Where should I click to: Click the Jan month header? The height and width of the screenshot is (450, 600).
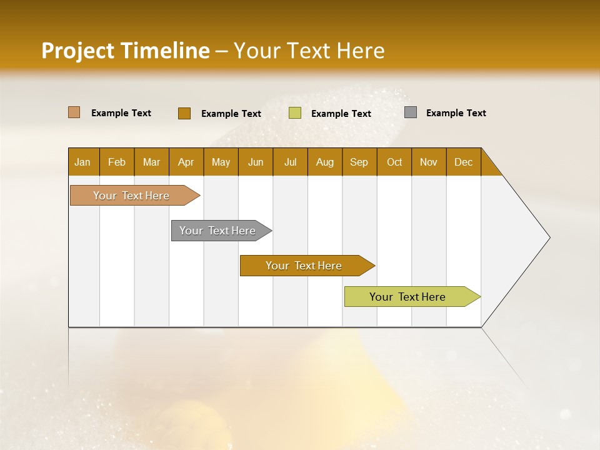83,162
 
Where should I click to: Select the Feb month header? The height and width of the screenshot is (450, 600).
117,162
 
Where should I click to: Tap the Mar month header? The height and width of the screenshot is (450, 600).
151,162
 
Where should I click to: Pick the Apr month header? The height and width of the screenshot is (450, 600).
186,162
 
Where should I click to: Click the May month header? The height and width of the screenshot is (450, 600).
221,162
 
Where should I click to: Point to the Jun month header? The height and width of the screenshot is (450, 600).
256,162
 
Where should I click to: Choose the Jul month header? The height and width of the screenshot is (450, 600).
290,162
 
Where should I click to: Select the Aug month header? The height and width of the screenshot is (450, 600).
325,162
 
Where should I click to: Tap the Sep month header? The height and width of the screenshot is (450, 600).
359,162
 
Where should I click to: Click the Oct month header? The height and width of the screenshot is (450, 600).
394,162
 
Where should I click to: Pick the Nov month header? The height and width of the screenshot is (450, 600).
429,162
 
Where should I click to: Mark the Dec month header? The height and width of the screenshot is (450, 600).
464,162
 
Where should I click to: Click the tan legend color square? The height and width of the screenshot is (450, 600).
74,112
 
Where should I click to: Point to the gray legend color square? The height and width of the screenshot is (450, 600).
411,112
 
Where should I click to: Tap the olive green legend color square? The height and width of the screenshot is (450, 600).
295,113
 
